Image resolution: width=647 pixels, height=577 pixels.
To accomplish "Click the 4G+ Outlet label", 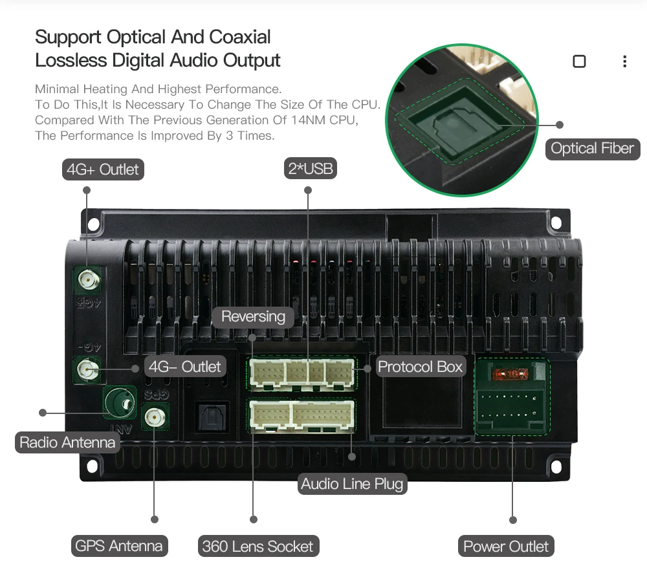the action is click(x=102, y=169).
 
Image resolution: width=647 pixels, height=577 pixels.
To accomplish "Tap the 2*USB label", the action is click(x=311, y=169).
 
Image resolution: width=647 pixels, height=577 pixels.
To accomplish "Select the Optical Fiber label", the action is click(x=592, y=148).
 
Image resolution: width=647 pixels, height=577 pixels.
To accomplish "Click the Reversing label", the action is click(x=253, y=316).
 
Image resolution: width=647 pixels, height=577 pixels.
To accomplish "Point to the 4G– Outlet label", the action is click(x=185, y=366).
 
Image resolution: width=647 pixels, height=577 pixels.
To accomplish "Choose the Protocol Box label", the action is click(x=421, y=367).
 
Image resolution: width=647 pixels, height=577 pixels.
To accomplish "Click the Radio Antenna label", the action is click(x=67, y=442).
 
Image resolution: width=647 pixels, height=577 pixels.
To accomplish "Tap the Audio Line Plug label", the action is click(x=352, y=483).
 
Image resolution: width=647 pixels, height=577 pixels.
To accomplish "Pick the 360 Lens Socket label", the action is click(x=258, y=546).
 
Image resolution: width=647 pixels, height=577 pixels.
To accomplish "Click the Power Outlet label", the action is click(x=506, y=546).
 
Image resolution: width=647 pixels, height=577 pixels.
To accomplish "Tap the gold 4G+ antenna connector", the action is click(x=87, y=279).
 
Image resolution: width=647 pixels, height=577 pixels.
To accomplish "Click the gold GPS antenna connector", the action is click(x=154, y=417).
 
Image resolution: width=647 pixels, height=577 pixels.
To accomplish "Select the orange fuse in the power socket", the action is click(x=511, y=374).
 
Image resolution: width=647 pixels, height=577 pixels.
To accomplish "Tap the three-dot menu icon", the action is click(x=624, y=61).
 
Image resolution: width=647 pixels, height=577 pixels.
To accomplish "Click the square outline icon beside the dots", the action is click(x=580, y=61).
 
